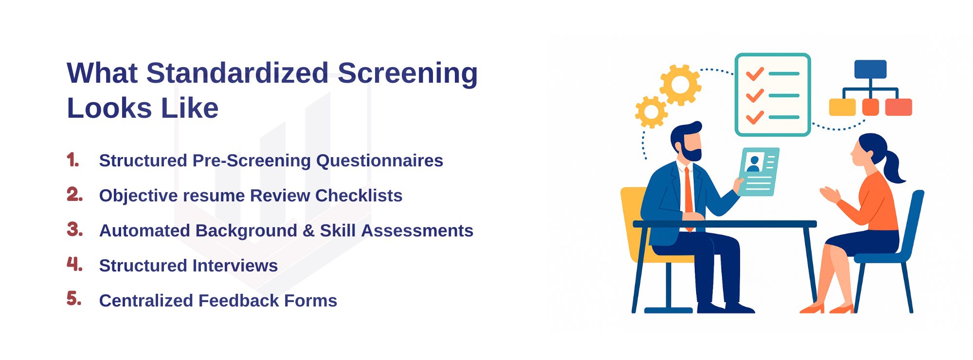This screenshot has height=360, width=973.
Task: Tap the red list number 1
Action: [x=72, y=160]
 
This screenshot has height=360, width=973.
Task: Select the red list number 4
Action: [x=74, y=264]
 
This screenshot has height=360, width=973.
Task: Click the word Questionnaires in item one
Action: [x=379, y=161]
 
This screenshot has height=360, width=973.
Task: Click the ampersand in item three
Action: [x=308, y=231]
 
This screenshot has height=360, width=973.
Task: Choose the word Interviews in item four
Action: [x=235, y=266]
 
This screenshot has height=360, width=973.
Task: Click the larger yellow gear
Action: [x=680, y=85]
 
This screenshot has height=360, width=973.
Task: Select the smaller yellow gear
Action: [x=651, y=112]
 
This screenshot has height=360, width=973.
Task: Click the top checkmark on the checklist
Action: [x=755, y=73]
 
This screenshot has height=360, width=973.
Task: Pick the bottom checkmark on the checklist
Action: [x=755, y=117]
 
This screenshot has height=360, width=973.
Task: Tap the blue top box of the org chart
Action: [x=870, y=69]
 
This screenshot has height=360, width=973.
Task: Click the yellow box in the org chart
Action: [x=842, y=107]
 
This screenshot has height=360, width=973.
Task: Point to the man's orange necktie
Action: [x=688, y=195]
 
